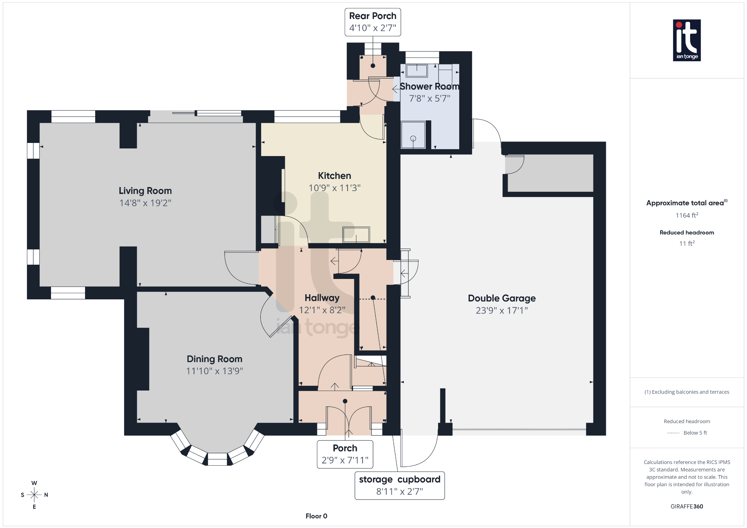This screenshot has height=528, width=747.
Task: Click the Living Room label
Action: (x=145, y=191)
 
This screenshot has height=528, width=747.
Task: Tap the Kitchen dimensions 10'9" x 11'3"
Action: (x=334, y=188)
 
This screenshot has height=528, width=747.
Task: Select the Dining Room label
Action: (x=214, y=359)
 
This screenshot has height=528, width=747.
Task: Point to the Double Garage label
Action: (x=502, y=298)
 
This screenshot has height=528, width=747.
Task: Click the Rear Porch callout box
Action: (x=372, y=22)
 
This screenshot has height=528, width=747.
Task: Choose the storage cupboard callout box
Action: (x=399, y=485)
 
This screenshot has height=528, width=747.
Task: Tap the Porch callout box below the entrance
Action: (x=345, y=454)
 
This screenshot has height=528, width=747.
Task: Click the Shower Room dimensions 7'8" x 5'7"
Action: (x=429, y=98)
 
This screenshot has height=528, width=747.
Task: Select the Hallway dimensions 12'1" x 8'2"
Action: (x=322, y=310)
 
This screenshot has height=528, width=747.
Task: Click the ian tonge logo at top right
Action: (x=686, y=40)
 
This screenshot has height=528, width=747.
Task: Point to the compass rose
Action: (x=34, y=495)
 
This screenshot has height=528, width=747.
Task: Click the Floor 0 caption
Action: (x=316, y=516)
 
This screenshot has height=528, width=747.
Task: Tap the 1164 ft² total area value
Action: (x=686, y=216)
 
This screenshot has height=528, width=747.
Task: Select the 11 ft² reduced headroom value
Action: (x=686, y=243)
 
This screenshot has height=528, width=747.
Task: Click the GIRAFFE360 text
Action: (x=686, y=506)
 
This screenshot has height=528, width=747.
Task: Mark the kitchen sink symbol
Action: (x=356, y=234)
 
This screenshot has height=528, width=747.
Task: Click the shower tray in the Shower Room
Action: (x=413, y=135)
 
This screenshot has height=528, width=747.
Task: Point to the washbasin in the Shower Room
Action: (x=417, y=70)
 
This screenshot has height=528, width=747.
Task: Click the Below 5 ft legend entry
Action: (x=695, y=433)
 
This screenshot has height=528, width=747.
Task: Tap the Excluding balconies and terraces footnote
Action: (x=686, y=392)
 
